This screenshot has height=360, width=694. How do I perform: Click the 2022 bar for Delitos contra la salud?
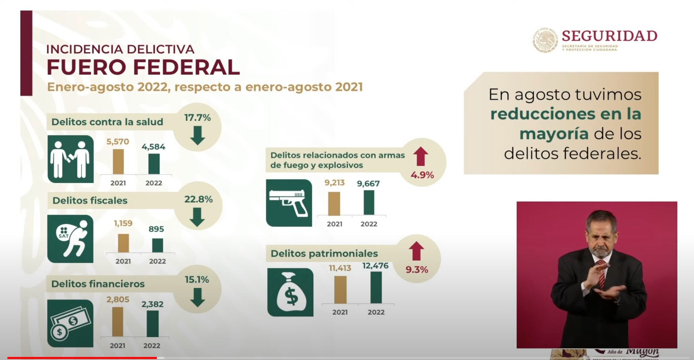154,164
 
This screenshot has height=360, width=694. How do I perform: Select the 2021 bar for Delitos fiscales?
123,243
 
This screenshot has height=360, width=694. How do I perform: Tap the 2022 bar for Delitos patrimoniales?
376,287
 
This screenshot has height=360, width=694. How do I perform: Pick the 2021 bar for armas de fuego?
334,204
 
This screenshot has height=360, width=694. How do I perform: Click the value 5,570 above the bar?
118,142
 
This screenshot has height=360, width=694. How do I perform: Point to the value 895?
156,229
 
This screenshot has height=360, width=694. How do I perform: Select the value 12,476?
375,266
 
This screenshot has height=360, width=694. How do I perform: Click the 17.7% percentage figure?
198,118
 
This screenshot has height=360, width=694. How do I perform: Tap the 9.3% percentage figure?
417,269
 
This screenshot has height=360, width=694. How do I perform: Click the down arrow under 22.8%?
197,217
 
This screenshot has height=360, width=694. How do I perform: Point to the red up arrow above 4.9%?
421,157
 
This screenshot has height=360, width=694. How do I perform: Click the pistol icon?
289,203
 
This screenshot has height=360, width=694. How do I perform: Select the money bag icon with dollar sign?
290,292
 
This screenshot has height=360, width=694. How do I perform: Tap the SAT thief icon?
70,239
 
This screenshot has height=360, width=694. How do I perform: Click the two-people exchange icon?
70,159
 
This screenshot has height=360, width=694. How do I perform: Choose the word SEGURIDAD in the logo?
610,36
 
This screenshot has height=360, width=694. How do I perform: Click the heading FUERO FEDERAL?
143,67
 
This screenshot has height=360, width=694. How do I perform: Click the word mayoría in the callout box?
554,134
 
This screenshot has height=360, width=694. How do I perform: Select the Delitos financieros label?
98,284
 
